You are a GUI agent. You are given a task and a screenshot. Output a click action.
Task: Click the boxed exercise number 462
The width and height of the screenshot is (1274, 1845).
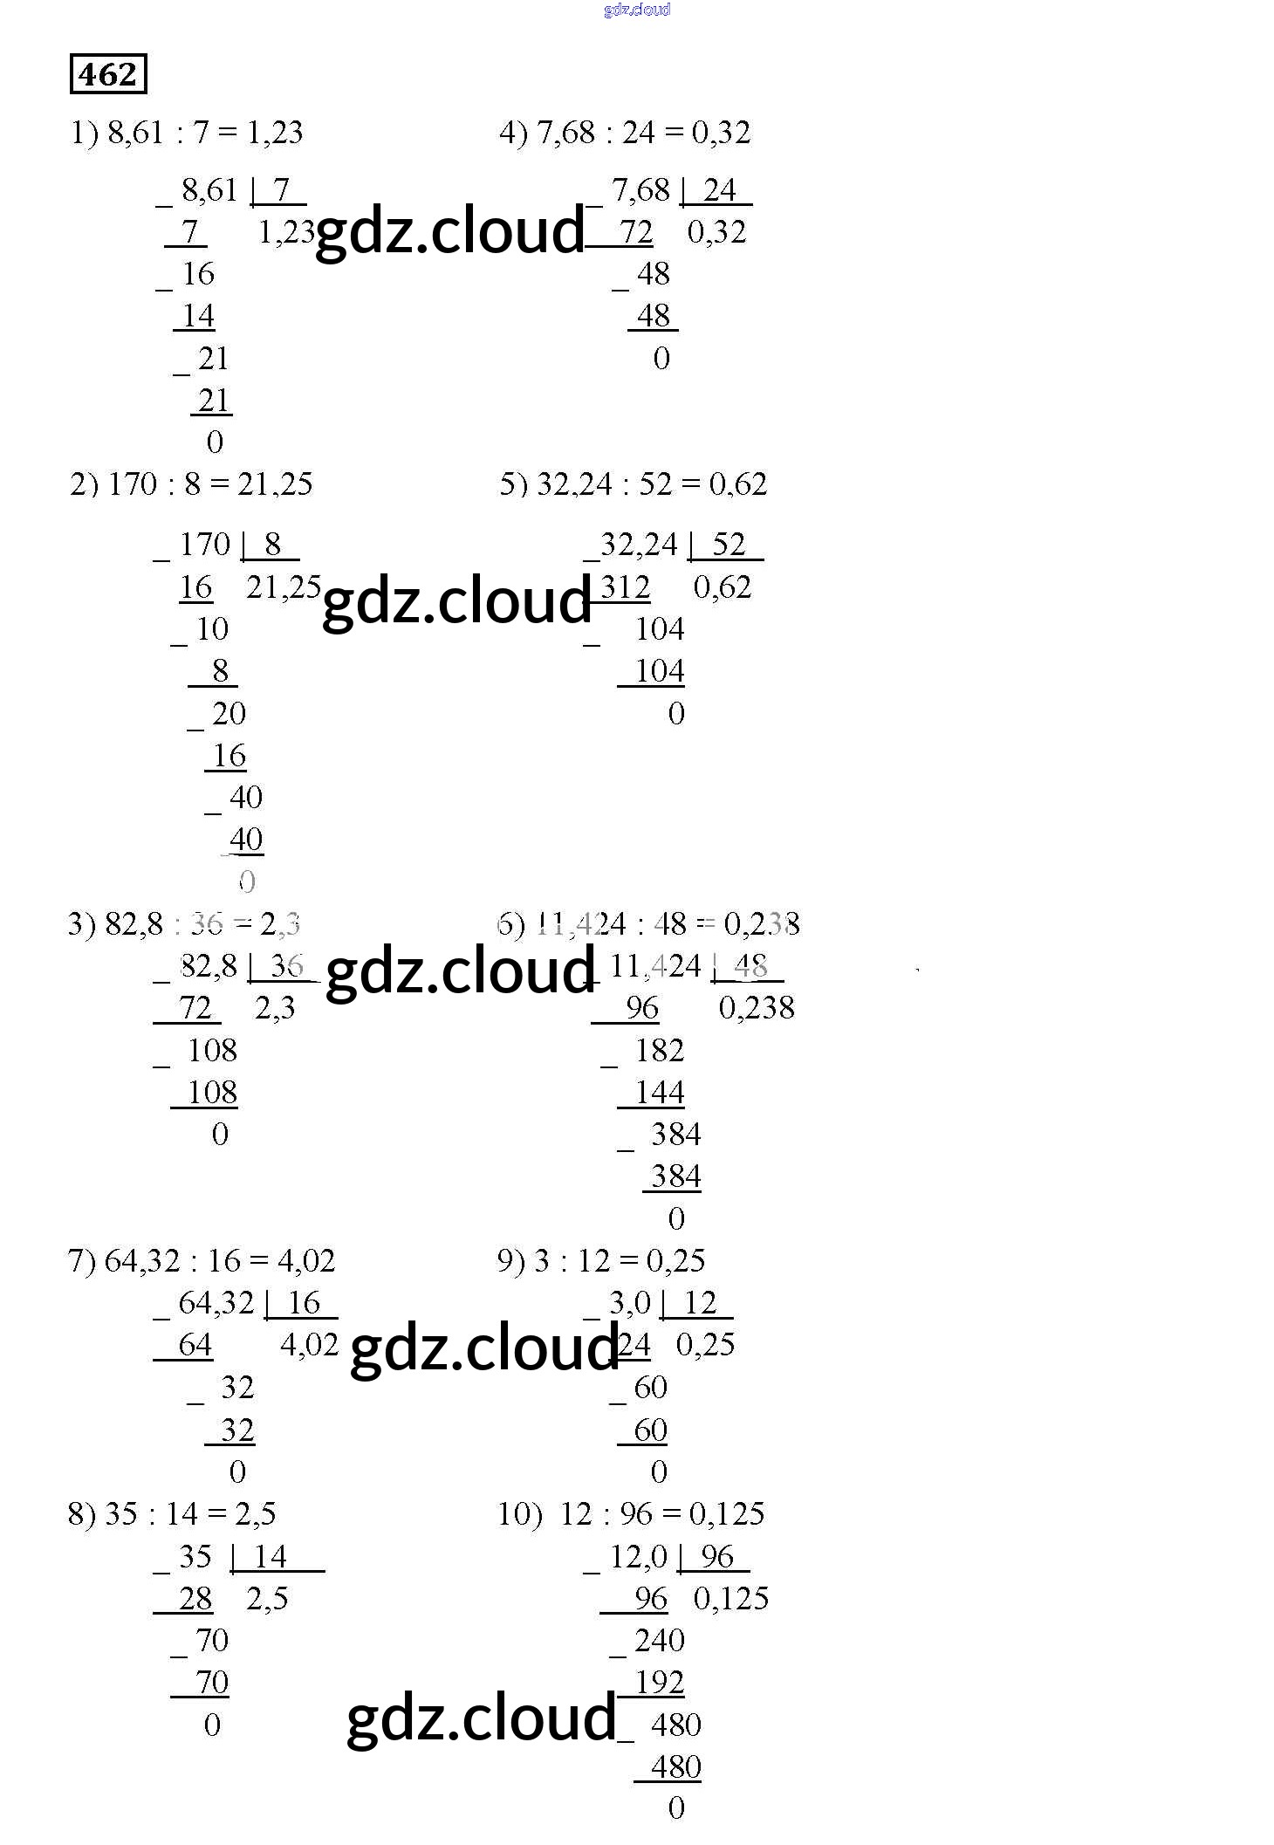pos(107,74)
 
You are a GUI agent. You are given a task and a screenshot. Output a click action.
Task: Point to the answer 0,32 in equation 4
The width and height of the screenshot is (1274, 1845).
pos(721,133)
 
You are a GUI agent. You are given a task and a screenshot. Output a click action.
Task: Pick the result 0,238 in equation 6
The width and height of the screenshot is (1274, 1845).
pos(762,924)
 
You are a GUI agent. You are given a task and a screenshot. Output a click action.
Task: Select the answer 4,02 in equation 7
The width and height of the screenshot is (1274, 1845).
pos(306,1261)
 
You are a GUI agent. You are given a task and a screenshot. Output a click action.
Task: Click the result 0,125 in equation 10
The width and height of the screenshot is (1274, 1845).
pos(727,1514)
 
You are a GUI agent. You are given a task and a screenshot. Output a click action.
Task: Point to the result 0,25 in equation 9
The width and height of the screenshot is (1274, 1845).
pos(675,1261)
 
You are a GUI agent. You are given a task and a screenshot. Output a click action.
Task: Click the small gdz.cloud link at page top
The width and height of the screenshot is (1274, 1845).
pos(637,10)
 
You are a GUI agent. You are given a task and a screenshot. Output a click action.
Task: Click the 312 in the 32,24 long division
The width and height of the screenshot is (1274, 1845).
pos(625,587)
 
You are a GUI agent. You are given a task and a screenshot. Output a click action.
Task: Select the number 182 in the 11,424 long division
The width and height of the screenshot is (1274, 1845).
pos(660,1051)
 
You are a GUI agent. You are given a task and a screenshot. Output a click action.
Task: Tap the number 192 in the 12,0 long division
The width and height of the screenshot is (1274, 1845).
pos(660,1683)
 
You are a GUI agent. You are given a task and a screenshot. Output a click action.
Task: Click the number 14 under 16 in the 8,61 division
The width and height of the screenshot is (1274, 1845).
pos(198,316)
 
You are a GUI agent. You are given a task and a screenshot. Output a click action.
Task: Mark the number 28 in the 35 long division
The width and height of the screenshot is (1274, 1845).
pos(195,1599)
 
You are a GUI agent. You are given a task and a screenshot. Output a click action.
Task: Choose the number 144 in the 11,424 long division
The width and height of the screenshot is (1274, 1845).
pos(660,1093)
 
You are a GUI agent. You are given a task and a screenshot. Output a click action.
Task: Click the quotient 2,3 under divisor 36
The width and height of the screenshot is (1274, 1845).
pos(275,1009)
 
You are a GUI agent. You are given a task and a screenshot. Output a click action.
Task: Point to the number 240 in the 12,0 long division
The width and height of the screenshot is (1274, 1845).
pos(660,1641)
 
